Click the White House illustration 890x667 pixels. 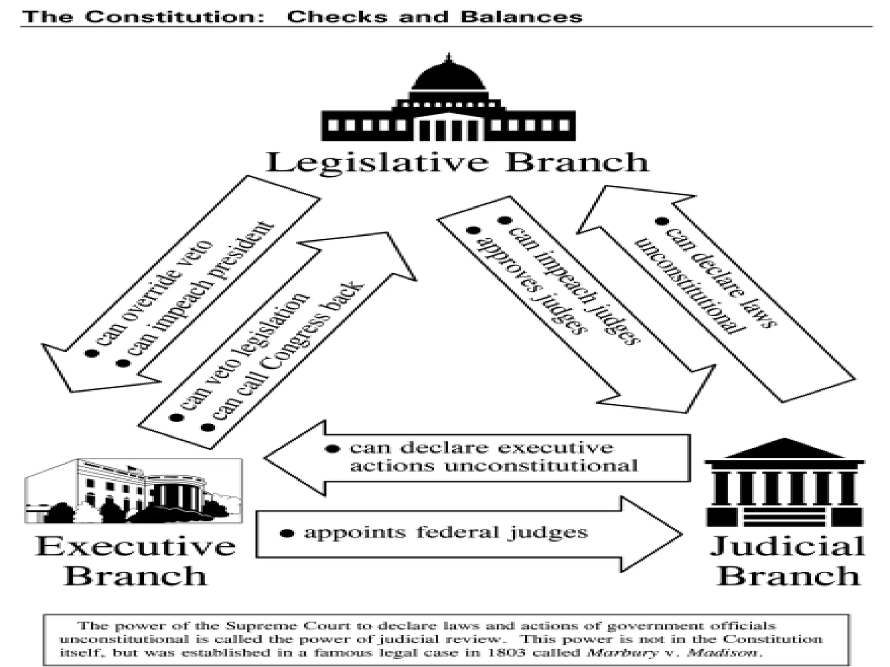tap(134, 491)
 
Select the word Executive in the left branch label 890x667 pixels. tap(136, 546)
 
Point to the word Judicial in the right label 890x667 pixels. tap(787, 546)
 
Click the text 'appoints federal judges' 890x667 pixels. tap(445, 532)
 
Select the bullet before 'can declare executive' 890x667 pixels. tap(332, 449)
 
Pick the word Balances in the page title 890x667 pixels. tap(521, 17)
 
